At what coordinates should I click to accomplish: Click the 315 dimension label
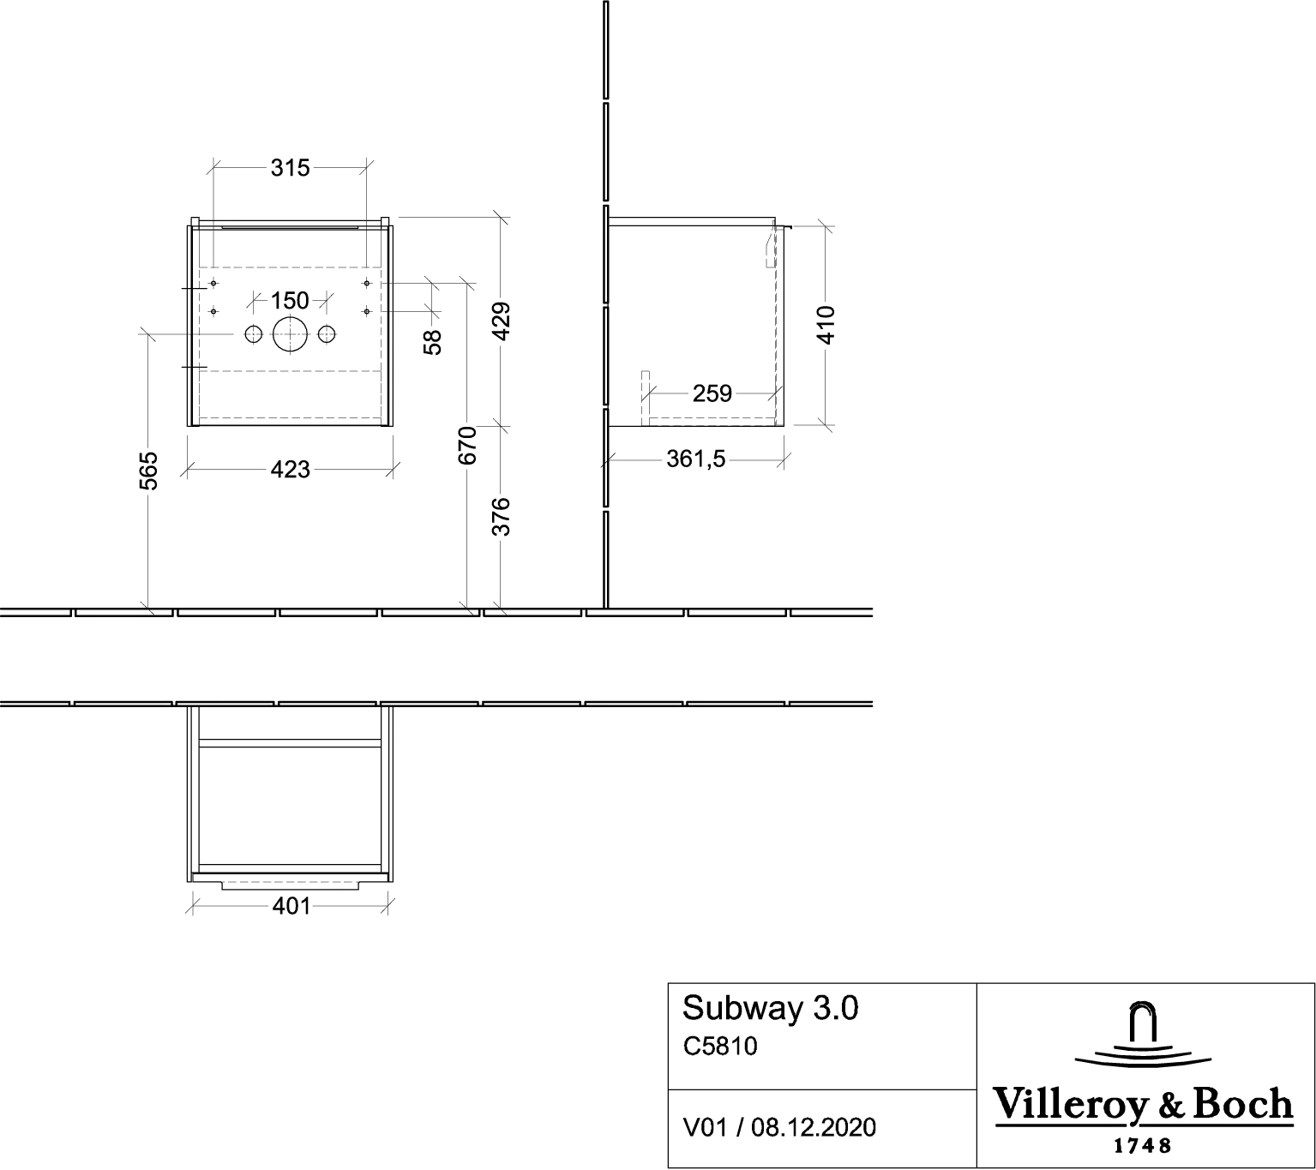point(290,168)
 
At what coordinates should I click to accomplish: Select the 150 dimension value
point(290,300)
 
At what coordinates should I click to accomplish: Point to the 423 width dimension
point(290,469)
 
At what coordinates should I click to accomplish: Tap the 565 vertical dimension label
point(149,471)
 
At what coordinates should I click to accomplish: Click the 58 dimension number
point(432,342)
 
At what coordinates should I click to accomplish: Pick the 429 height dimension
point(501,321)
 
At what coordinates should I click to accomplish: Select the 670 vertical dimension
point(467,446)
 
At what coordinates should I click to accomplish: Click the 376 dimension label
point(501,517)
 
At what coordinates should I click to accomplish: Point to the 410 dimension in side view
point(826,325)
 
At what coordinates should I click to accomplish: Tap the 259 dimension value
point(712,393)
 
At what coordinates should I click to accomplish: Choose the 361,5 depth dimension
point(695,459)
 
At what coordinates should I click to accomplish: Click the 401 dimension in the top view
point(291,906)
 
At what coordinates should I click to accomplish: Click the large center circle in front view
point(290,334)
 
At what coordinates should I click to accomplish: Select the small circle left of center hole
point(253,334)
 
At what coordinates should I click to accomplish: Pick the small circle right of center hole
point(327,334)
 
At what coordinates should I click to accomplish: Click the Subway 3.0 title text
point(771,1008)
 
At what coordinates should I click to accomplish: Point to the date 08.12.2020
point(814,1127)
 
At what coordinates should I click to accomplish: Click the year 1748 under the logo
point(1143,1146)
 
